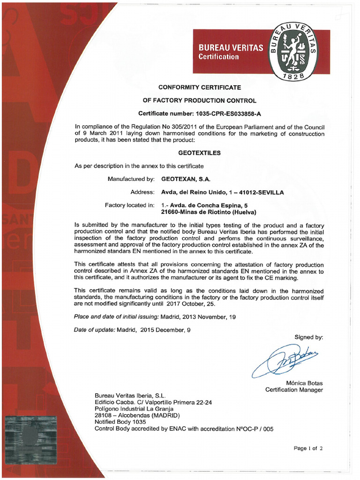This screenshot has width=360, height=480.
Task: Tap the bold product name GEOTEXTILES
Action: [x=199, y=153]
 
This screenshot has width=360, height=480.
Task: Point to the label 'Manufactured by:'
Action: [x=131, y=179]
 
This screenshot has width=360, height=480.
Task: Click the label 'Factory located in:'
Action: [x=129, y=205]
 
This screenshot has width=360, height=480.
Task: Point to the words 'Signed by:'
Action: [x=308, y=337]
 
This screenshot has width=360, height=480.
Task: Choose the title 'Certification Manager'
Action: [x=294, y=390]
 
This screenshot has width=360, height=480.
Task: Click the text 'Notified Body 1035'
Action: [x=121, y=422]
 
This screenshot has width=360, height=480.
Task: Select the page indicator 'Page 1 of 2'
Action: [x=308, y=448]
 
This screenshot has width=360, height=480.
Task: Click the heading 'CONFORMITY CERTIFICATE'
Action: [x=199, y=87]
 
